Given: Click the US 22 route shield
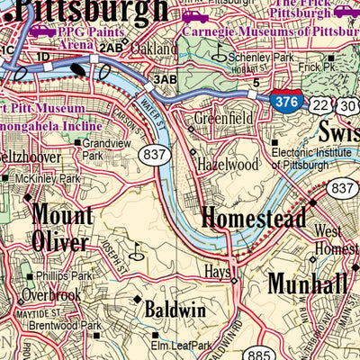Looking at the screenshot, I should coord(320,106).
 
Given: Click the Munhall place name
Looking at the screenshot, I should coord(306,283).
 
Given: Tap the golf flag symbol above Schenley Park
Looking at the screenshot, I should coord(218,51).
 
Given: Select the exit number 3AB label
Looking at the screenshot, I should coord(165,80).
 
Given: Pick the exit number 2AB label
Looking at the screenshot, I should coord(112,47).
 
